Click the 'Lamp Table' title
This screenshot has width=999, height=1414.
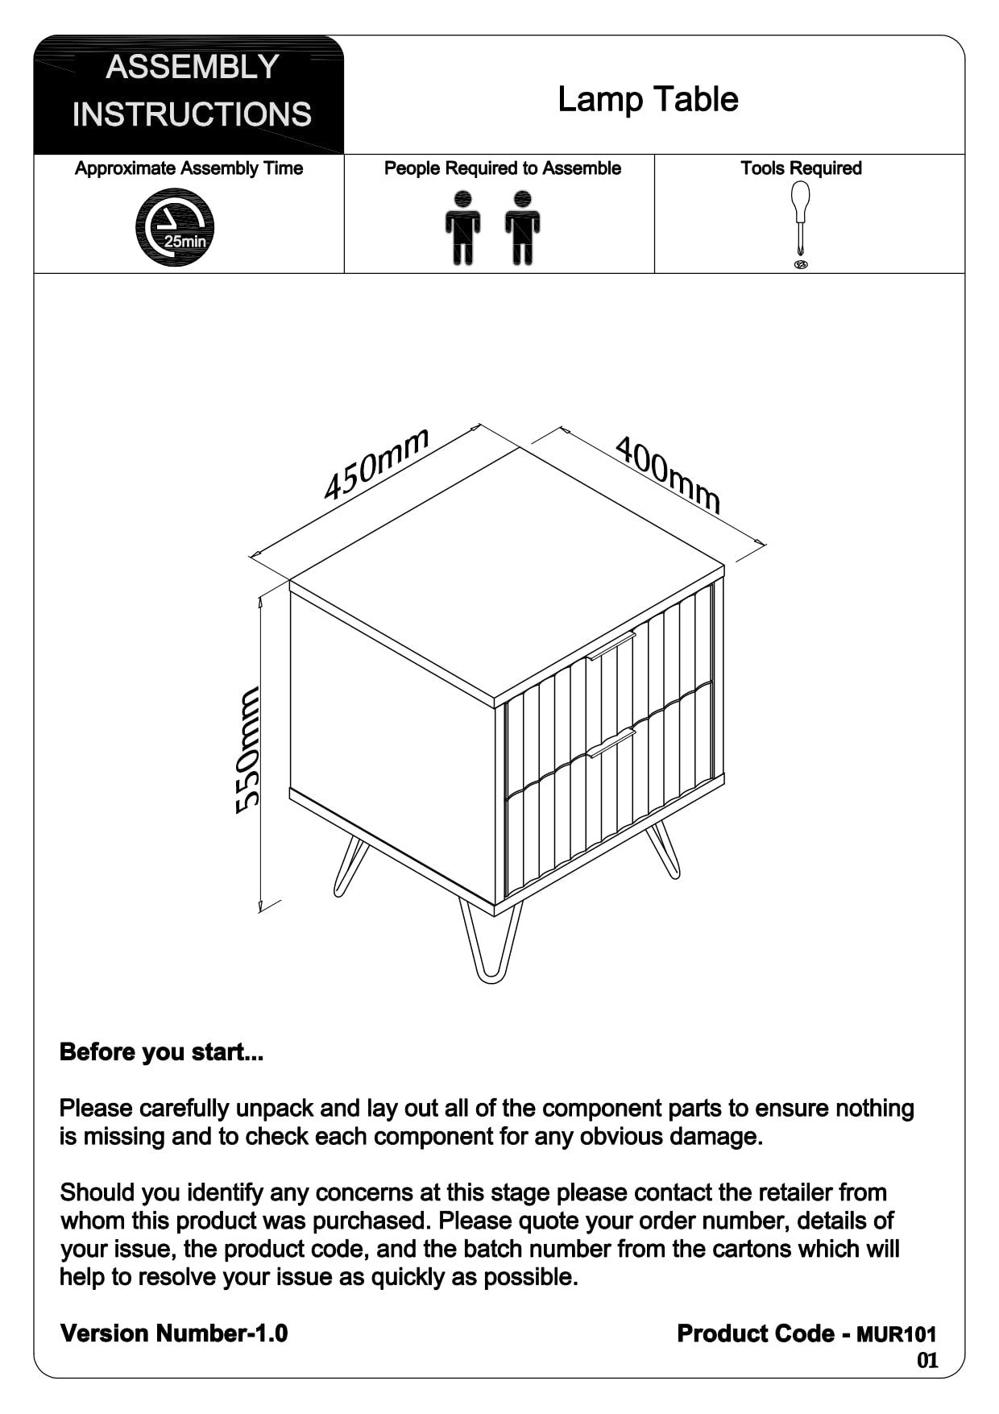coord(648,100)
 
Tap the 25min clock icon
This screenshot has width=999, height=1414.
coord(175,227)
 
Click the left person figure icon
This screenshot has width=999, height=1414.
coord(462,227)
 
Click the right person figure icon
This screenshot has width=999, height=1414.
coord(523,227)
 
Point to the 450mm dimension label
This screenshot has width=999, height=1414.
coord(376,465)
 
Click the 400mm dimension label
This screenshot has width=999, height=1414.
coord(668,474)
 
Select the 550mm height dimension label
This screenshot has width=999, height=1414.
coord(248,750)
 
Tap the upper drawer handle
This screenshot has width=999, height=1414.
coord(611,646)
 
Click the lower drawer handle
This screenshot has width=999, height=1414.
coord(611,742)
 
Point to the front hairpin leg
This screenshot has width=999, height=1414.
coord(490,943)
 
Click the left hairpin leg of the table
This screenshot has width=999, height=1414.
coord(350,866)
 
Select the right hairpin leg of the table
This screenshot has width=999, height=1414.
coord(663,850)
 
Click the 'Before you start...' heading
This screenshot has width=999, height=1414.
coord(161,1052)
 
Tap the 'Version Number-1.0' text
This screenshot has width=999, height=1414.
coord(174,1333)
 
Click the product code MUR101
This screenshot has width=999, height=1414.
coord(896,1334)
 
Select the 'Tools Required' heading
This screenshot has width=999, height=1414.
coord(801,168)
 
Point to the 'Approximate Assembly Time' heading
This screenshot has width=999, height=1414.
coord(189,168)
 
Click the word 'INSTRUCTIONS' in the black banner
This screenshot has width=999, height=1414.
coord(192,114)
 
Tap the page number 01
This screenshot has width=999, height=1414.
coord(927,1361)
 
